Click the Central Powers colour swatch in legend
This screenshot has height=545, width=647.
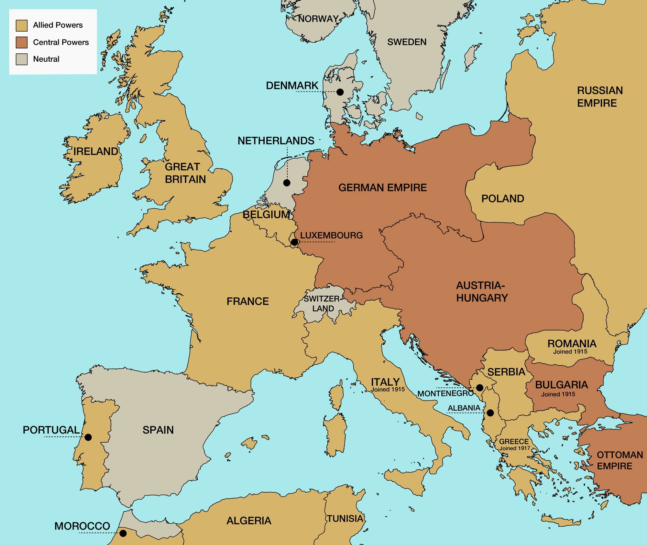pyautogui.click(x=22, y=42)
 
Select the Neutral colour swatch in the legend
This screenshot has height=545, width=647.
pyautogui.click(x=22, y=59)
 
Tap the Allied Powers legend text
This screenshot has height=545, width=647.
pyautogui.click(x=58, y=25)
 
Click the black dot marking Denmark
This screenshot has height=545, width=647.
pyautogui.click(x=340, y=92)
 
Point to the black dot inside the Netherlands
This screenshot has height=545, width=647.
pyautogui.click(x=287, y=183)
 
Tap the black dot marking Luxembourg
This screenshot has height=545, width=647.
pyautogui.click(x=294, y=242)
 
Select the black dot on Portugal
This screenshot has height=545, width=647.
pyautogui.click(x=88, y=437)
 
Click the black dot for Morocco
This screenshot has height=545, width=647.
pyautogui.click(x=123, y=533)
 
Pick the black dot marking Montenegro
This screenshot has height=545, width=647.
pyautogui.click(x=480, y=387)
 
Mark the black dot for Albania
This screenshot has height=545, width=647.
pyautogui.click(x=490, y=413)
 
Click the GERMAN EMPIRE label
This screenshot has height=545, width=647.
pyautogui.click(x=382, y=188)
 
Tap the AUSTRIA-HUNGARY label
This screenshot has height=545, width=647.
pyautogui.click(x=482, y=292)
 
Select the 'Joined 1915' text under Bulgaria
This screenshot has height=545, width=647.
pyautogui.click(x=558, y=394)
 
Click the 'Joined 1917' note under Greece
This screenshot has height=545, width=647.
pyautogui.click(x=514, y=448)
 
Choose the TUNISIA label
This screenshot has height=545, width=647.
pyautogui.click(x=345, y=519)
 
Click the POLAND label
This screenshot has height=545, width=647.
pyautogui.click(x=502, y=199)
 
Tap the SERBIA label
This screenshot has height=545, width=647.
pyautogui.click(x=506, y=372)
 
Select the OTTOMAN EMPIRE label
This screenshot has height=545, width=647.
pyautogui.click(x=619, y=460)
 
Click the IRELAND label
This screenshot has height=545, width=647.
pyautogui.click(x=95, y=151)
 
